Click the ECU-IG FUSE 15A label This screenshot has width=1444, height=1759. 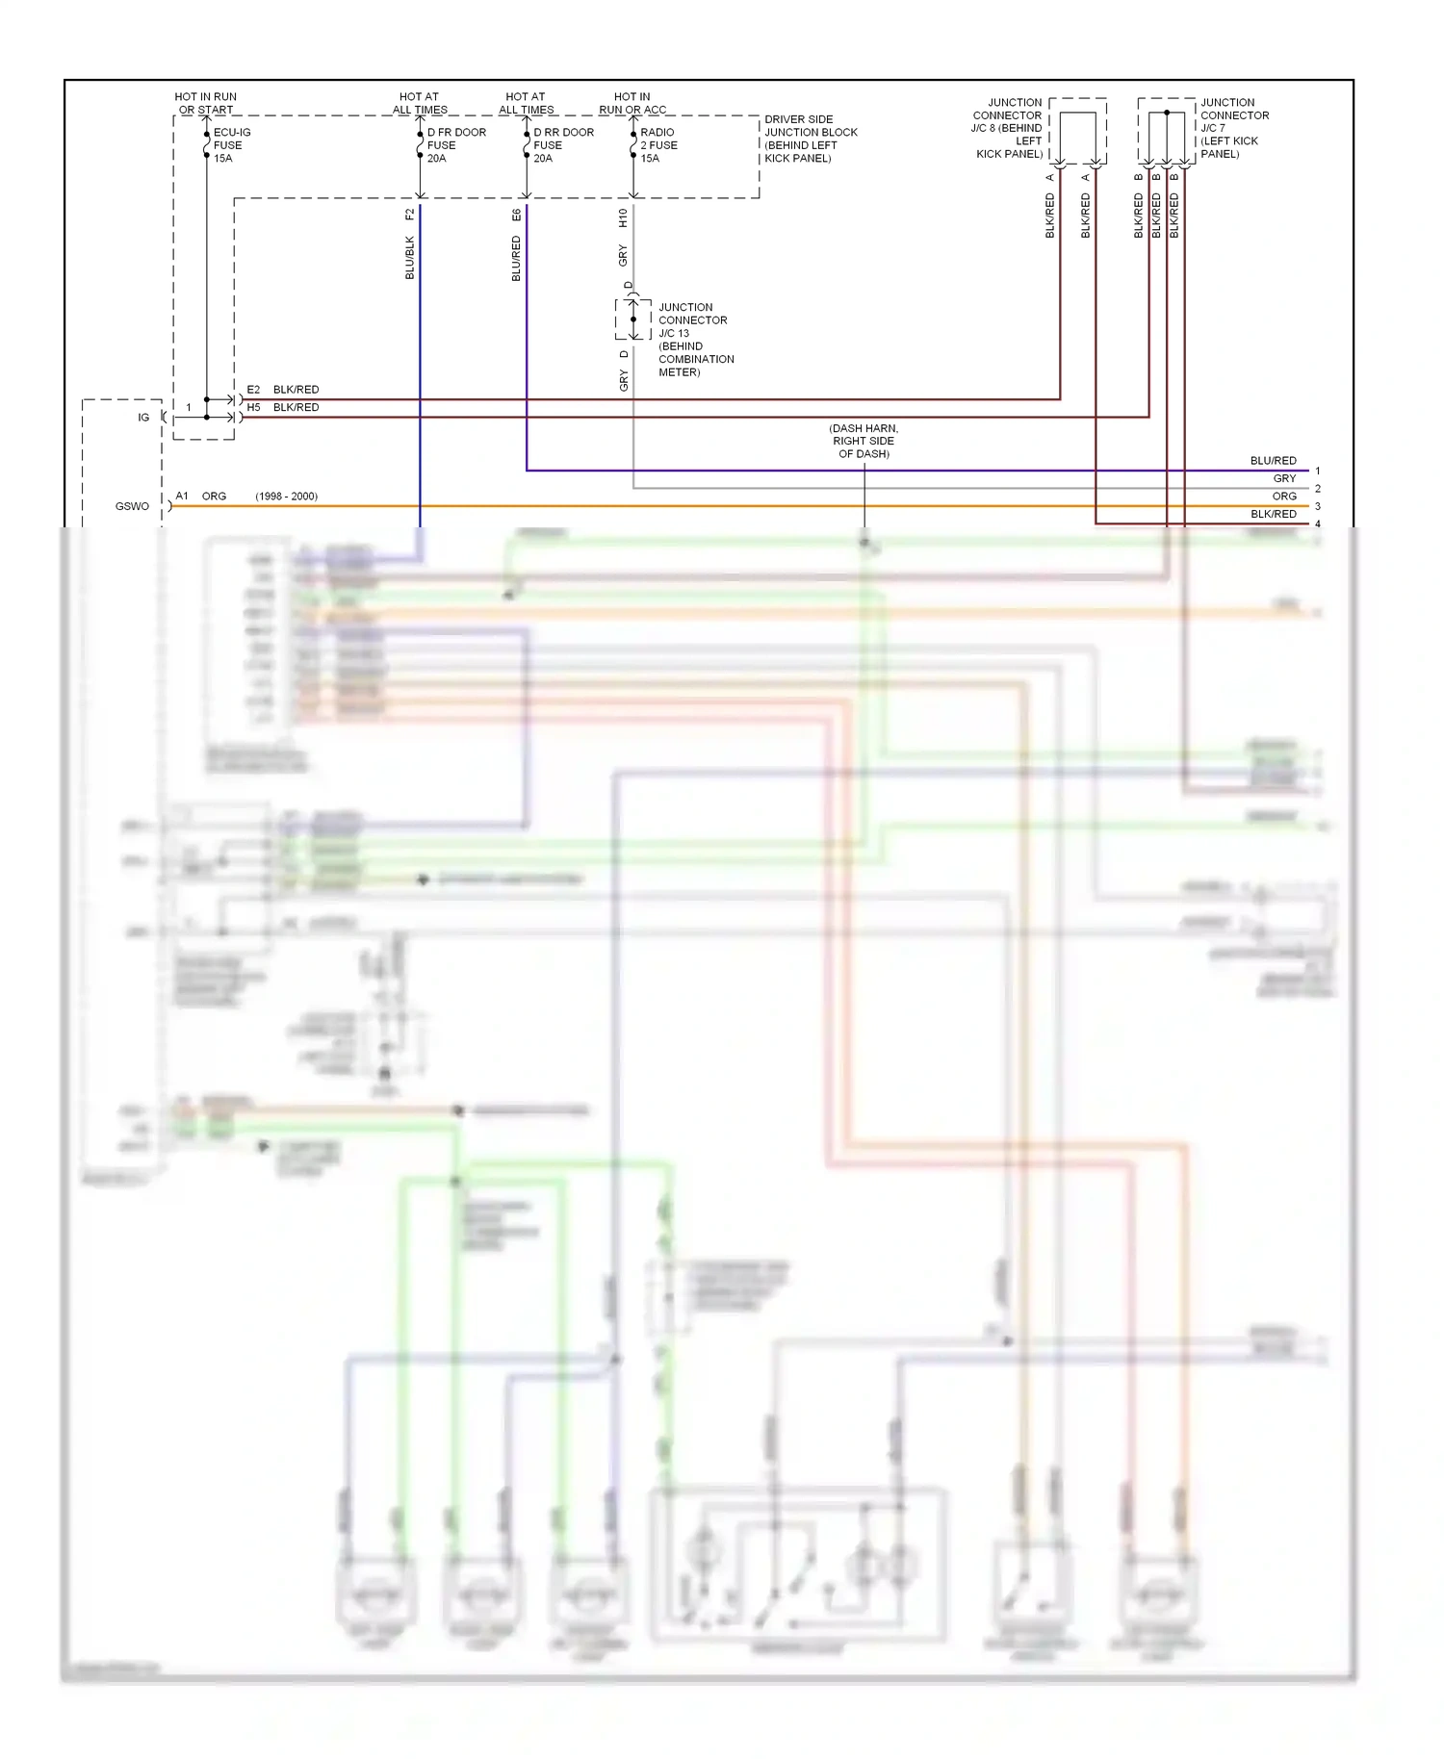pyautogui.click(x=231, y=145)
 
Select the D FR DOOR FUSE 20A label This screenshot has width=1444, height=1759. pyautogui.click(x=455, y=145)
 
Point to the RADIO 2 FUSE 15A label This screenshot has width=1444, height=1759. pyautogui.click(x=658, y=145)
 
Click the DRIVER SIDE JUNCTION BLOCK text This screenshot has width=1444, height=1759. pyautogui.click(x=810, y=139)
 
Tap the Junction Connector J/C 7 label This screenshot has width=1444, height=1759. pyautogui.click(x=1233, y=128)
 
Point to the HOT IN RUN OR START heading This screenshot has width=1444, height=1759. pyautogui.click(x=205, y=103)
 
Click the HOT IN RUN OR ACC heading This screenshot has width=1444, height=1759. pyautogui.click(x=632, y=103)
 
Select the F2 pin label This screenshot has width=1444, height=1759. pyautogui.click(x=409, y=215)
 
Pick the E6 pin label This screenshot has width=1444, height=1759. pyautogui.click(x=516, y=215)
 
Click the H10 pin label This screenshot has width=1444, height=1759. pyautogui.click(x=623, y=218)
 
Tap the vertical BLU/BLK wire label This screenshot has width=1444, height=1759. pyautogui.click(x=409, y=258)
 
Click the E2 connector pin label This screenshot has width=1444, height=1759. pyautogui.click(x=253, y=390)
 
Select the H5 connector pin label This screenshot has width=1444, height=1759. pyautogui.click(x=253, y=407)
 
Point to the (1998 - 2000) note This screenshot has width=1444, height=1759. pyautogui.click(x=286, y=497)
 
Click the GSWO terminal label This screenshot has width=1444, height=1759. pyautogui.click(x=132, y=506)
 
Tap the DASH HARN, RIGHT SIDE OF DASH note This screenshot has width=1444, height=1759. pyautogui.click(x=864, y=441)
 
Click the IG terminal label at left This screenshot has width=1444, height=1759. pyautogui.click(x=143, y=418)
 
